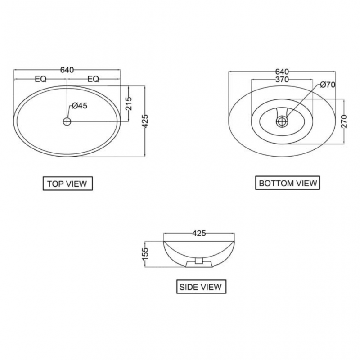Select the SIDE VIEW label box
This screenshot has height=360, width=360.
[x=200, y=287]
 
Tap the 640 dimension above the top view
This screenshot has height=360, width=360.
[x=67, y=70]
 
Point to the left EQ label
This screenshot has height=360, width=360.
[x=40, y=79]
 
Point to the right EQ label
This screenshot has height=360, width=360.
[x=93, y=79]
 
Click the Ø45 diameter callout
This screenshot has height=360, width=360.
[x=79, y=106]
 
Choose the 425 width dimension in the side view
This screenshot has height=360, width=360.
[x=199, y=233]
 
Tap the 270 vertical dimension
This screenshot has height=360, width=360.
[x=344, y=121]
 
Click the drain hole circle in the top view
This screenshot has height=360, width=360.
[x=67, y=121]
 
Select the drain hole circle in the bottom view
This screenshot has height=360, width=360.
[x=282, y=121]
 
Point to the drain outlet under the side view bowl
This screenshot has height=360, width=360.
[x=198, y=261]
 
